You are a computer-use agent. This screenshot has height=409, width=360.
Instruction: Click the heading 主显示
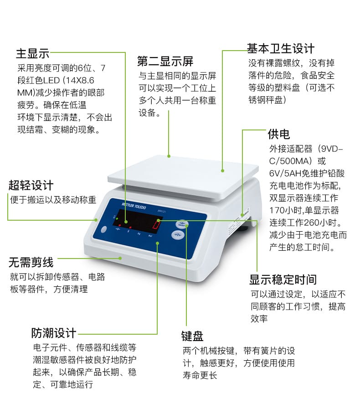click(32, 53)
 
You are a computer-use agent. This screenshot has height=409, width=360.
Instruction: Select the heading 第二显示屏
click(165, 61)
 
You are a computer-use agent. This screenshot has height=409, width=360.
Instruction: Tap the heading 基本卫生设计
click(281, 49)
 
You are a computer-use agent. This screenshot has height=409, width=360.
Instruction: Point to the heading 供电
click(279, 134)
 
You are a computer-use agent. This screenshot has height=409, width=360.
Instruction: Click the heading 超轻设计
click(31, 186)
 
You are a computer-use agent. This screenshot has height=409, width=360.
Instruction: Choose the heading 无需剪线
click(31, 262)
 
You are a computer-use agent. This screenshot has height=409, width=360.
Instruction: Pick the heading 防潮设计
click(53, 333)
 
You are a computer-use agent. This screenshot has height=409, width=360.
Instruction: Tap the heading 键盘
click(192, 336)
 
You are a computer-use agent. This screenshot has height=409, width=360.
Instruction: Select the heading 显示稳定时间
click(283, 280)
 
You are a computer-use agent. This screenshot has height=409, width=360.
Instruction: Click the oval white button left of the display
click(104, 229)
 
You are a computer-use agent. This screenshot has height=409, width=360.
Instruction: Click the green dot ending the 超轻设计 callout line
click(96, 220)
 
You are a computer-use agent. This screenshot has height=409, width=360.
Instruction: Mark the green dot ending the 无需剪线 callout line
click(120, 258)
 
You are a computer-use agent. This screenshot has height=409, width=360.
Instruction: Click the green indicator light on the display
click(117, 218)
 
